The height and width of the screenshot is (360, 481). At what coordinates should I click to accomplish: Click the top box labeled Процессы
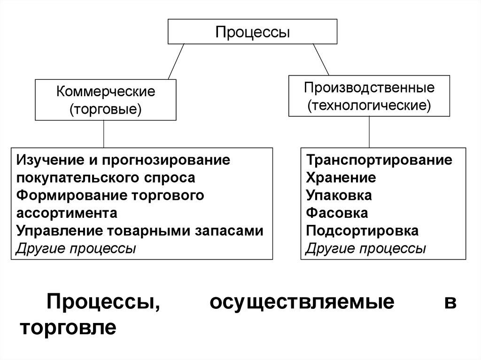tap(252, 32)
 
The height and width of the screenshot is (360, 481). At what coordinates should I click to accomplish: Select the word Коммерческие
tap(106, 91)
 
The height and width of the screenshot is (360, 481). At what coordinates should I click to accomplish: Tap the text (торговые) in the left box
tap(106, 109)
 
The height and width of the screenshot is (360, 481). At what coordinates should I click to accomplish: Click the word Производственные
tap(369, 87)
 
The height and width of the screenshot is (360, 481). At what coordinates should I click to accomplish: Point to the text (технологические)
tap(369, 105)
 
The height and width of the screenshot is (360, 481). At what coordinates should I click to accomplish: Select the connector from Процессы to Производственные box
tap(320, 60)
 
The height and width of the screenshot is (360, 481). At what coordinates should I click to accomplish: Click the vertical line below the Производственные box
tap(369, 132)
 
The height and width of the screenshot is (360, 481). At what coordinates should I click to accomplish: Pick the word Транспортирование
tap(379, 160)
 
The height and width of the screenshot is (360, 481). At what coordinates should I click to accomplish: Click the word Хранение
tap(341, 177)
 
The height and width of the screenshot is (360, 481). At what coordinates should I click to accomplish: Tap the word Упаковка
tap(339, 195)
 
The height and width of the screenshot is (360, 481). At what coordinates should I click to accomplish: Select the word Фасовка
tap(337, 213)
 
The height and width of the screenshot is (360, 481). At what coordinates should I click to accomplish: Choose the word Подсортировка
tap(362, 231)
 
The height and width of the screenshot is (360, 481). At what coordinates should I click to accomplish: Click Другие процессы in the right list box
tap(365, 248)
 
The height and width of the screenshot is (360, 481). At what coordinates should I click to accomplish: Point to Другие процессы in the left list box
tap(76, 248)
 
